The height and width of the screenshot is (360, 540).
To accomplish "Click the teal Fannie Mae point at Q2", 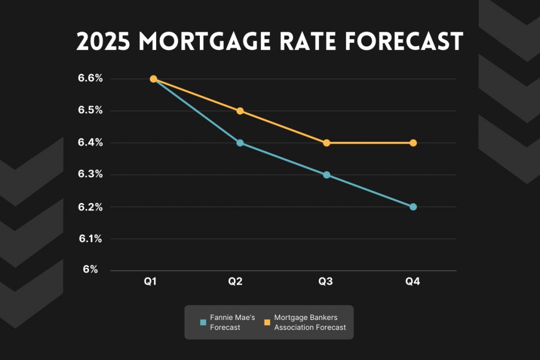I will (x=240, y=143).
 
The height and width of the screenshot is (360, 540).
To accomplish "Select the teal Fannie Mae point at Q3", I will (x=326, y=175).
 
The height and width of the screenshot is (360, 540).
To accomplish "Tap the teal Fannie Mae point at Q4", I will (x=413, y=207).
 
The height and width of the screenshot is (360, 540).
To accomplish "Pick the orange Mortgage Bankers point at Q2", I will (x=240, y=111).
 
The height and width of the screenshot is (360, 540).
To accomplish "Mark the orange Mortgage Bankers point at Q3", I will (x=326, y=143).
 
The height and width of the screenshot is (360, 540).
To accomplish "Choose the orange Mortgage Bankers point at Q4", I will (x=413, y=143).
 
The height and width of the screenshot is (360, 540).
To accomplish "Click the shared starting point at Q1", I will (x=153, y=79).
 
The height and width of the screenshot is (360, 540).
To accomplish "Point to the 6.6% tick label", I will (x=91, y=79).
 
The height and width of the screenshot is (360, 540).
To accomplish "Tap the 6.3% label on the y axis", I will (x=91, y=174).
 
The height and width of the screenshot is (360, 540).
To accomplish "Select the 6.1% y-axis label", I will (x=91, y=239).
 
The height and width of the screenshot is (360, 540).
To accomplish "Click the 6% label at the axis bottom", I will (x=90, y=269).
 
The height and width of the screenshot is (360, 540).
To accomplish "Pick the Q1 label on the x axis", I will (x=151, y=282).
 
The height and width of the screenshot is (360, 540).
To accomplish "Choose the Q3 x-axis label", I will (x=325, y=282).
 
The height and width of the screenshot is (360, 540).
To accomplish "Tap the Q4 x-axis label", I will (x=412, y=282).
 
